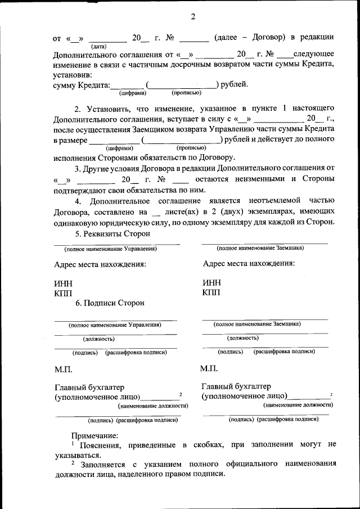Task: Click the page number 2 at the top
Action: pyautogui.click(x=192, y=16)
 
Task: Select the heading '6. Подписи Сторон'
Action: pyautogui.click(x=110, y=303)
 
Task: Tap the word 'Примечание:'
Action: pyautogui.click(x=94, y=435)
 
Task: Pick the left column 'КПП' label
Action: pyautogui.click(x=63, y=293)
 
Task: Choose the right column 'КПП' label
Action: pyautogui.click(x=211, y=292)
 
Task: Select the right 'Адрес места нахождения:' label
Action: pyautogui.click(x=249, y=263)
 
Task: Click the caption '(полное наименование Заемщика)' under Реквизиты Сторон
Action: pyautogui.click(x=260, y=247)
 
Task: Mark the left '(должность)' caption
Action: pyautogui.click(x=99, y=339)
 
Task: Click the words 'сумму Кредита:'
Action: pyautogui.click(x=81, y=85)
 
